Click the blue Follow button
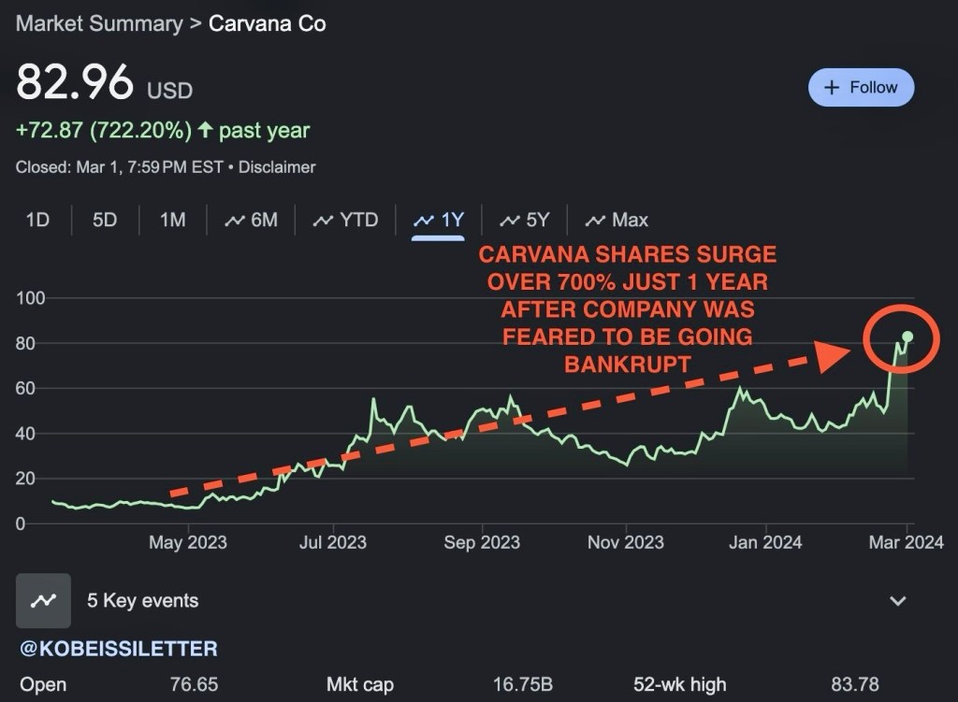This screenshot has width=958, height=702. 861,88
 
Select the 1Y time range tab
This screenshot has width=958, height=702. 439,221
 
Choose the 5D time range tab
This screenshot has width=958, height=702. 105,221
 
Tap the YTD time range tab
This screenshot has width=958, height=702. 346,221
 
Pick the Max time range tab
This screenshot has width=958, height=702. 617,221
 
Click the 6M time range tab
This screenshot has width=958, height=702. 252,221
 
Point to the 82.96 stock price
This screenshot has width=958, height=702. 75,83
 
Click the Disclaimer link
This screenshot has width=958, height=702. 277,167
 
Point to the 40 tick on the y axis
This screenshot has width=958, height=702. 25,434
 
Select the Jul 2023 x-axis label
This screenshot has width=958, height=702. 333,542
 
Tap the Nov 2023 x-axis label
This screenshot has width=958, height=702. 625,542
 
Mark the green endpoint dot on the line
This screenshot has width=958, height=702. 907,337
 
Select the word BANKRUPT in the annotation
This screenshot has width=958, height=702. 628,363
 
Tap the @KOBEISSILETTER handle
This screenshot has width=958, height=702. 118,648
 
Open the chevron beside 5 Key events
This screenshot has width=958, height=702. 898,601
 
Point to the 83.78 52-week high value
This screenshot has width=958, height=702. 854,685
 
